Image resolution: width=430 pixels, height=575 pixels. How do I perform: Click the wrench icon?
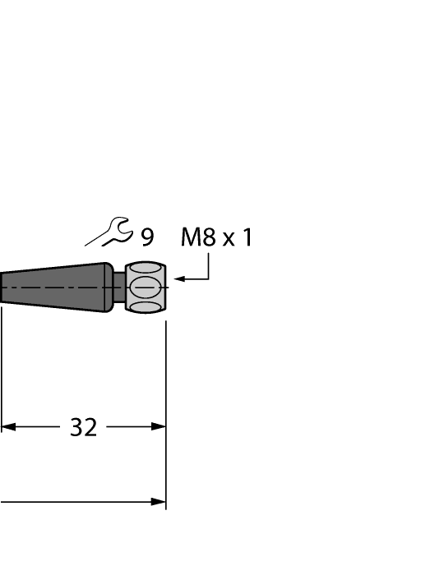110,233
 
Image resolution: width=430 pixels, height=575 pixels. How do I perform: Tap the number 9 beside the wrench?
146,238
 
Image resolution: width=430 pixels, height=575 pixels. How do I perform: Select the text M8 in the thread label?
197,238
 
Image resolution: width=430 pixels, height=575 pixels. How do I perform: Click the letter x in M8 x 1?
229,240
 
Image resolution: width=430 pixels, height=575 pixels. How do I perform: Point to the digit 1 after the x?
247,238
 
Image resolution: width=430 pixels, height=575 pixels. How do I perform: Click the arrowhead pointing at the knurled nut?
180,280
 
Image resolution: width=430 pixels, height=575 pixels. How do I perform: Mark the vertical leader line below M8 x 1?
209,266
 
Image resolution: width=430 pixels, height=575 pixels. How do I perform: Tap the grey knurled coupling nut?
146,287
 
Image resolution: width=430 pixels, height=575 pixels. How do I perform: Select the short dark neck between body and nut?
119,287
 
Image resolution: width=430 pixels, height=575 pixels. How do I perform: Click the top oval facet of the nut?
146,268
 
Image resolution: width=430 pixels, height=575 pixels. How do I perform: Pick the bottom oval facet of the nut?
146,307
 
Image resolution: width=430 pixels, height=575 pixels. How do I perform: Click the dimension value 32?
83,427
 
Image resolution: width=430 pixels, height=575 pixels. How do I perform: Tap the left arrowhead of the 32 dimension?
8,427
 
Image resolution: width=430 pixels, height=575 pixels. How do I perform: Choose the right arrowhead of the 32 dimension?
160,427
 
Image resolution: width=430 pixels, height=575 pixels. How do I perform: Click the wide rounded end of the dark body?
107,287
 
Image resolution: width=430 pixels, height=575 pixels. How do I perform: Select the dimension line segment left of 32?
37,427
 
